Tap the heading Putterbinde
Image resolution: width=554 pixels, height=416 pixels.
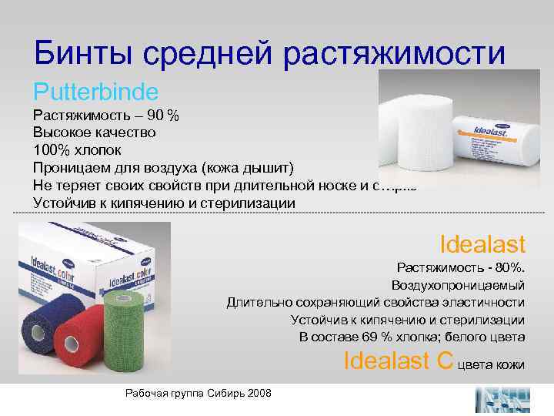[95, 92]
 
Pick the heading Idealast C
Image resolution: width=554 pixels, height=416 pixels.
[398, 360]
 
